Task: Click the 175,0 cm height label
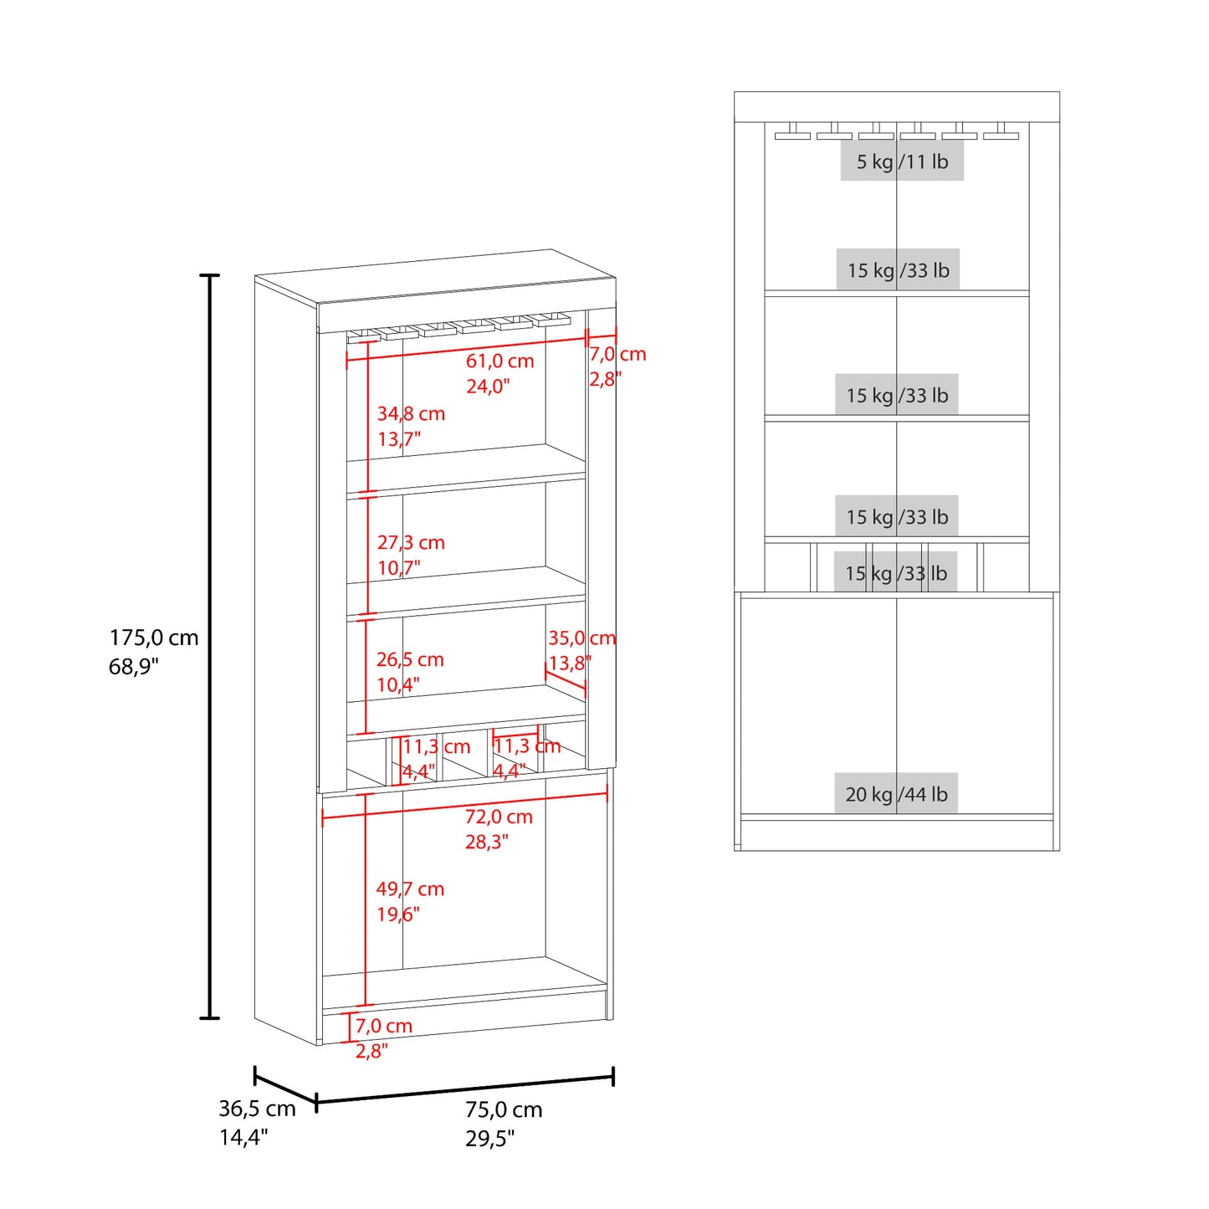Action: (x=154, y=638)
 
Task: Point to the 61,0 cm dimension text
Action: (x=500, y=361)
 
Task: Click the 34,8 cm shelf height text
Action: (x=411, y=413)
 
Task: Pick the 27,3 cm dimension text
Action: (x=411, y=542)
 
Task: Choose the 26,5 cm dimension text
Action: (x=410, y=659)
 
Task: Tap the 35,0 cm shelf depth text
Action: (x=582, y=638)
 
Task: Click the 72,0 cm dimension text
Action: (x=499, y=817)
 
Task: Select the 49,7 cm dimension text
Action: (x=410, y=889)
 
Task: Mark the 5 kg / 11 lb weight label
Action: (x=902, y=161)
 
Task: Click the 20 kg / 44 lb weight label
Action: (x=896, y=794)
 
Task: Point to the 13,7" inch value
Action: (x=398, y=438)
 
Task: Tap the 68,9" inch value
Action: (x=134, y=666)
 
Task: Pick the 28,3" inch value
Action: (x=487, y=842)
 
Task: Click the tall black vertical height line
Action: (x=209, y=646)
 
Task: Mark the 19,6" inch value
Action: (x=397, y=914)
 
